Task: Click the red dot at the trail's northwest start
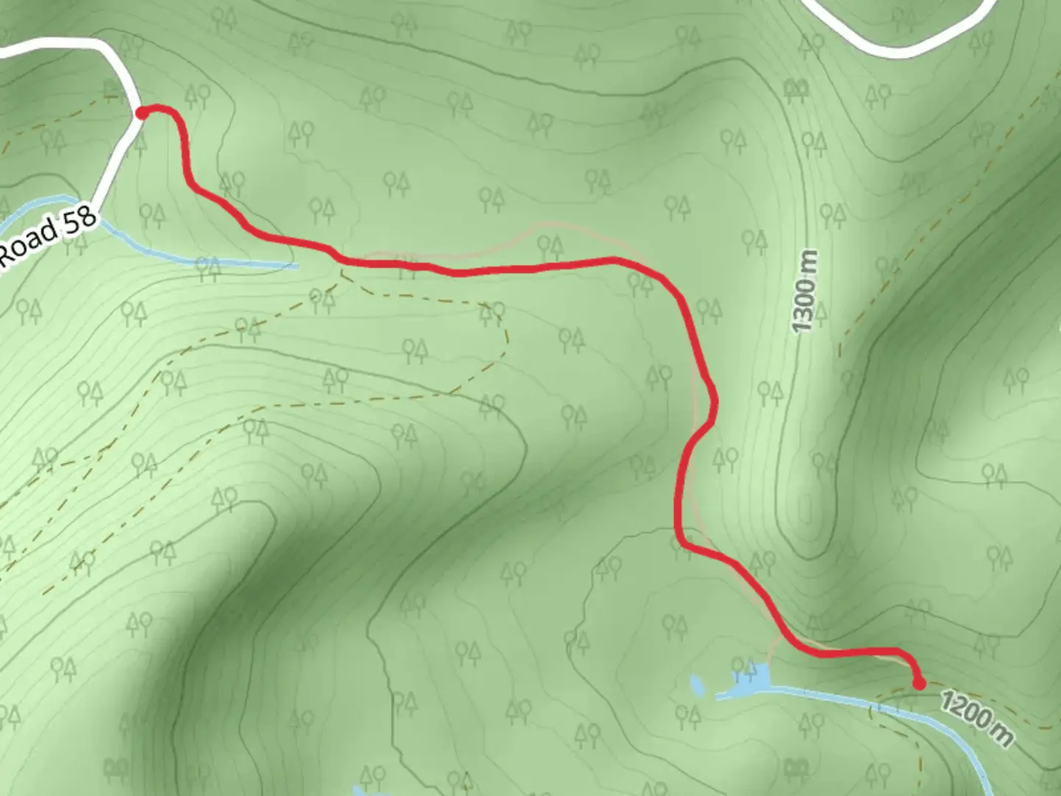pos(141,112)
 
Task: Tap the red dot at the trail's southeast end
pos(920,684)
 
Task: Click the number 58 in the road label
pos(79,220)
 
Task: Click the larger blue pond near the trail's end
pos(752,680)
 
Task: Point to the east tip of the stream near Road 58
pos(295,265)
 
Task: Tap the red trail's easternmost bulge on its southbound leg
pos(714,402)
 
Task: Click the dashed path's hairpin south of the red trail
pos(505,335)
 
